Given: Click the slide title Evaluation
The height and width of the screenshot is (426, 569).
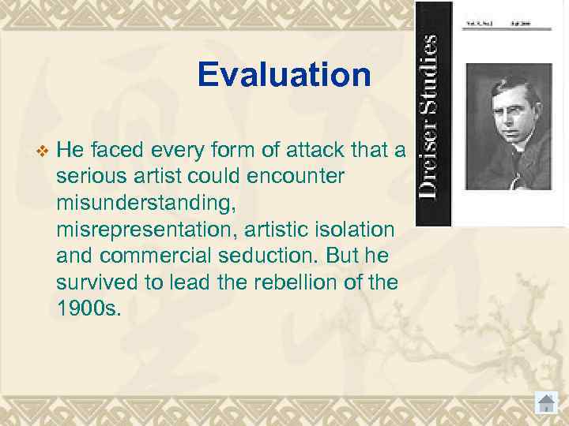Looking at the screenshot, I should point(284,76).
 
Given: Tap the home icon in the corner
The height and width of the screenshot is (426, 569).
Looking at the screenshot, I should point(545,402).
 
